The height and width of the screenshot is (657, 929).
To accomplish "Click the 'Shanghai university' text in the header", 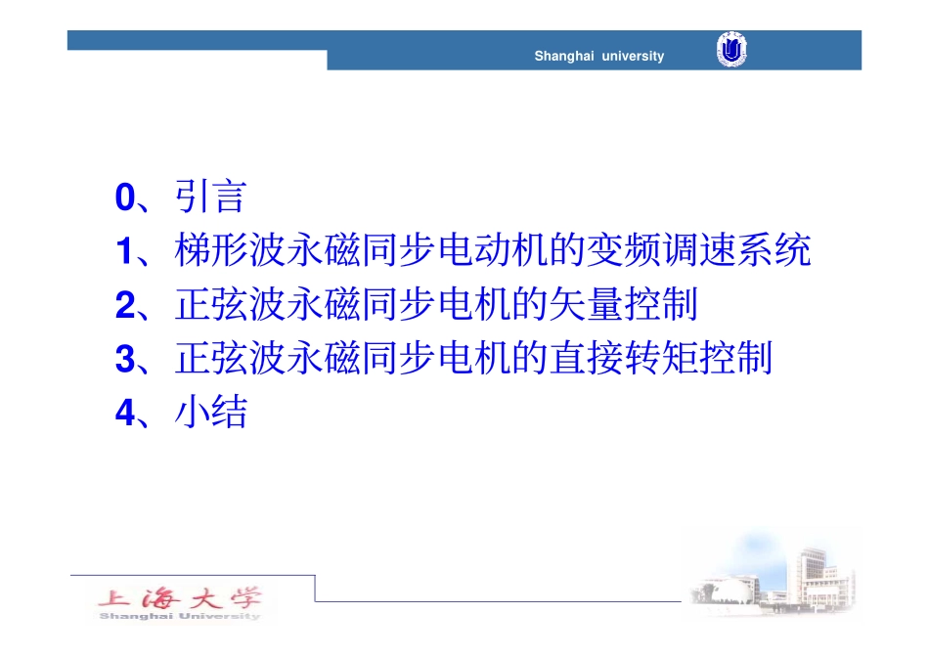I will click(x=598, y=57).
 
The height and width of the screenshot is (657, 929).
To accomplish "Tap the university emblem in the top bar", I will click(x=730, y=50).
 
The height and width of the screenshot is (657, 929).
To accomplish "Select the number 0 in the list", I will click(x=124, y=199).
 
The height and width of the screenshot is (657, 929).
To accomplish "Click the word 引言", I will click(x=210, y=199).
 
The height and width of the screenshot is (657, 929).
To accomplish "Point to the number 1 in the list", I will click(x=124, y=253).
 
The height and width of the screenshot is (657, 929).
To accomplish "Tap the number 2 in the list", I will click(x=124, y=307).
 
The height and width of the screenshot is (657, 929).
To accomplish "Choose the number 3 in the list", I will click(x=124, y=361).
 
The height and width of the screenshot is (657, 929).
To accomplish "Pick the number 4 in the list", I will click(x=124, y=415).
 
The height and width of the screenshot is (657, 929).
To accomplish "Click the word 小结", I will click(x=210, y=415).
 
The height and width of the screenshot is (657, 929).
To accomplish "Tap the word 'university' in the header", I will click(x=633, y=57).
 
